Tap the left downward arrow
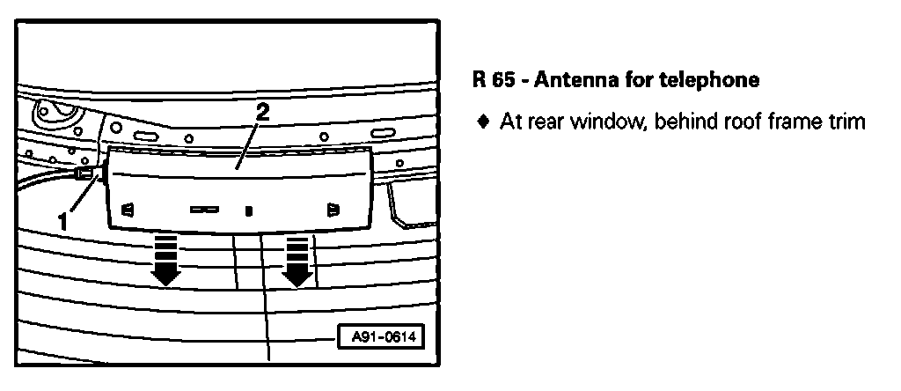pos(165,261)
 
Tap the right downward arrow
pos(297,261)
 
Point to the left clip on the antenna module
pos(127,210)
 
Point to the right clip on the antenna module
pos(333,210)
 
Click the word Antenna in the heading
pos(569,81)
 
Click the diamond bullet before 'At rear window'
pos(482,122)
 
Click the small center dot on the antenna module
pos(249,211)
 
